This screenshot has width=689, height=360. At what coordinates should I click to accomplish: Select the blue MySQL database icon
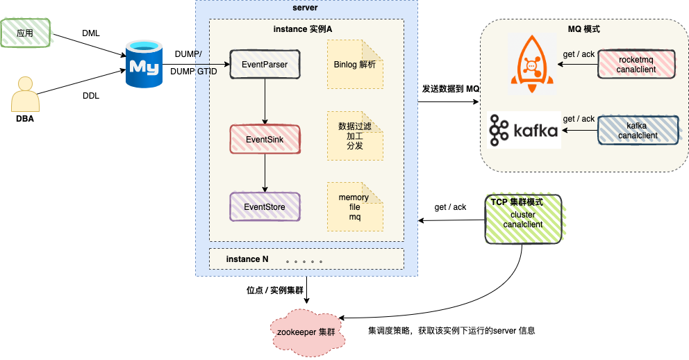click(142, 65)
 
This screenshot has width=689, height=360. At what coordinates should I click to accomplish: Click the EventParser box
click(265, 65)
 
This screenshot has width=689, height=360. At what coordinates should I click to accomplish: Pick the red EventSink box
click(265, 139)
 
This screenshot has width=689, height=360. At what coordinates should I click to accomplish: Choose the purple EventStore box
click(265, 207)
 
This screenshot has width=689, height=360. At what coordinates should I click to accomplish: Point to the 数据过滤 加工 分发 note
click(355, 136)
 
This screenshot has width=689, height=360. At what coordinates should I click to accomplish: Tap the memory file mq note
click(355, 207)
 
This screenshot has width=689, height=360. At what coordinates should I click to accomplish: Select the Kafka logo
click(524, 130)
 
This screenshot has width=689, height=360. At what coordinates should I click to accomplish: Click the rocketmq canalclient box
click(636, 65)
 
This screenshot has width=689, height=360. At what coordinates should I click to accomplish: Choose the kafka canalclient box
click(636, 130)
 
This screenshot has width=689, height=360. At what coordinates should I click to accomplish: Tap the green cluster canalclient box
click(522, 219)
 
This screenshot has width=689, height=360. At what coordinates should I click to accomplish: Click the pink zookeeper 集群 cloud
click(306, 332)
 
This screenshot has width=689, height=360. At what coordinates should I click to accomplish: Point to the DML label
click(91, 33)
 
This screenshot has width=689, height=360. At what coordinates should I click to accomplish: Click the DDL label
click(91, 96)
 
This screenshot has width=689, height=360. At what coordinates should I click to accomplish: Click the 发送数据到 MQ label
click(451, 90)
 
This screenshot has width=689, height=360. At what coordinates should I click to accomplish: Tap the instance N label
click(247, 259)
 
